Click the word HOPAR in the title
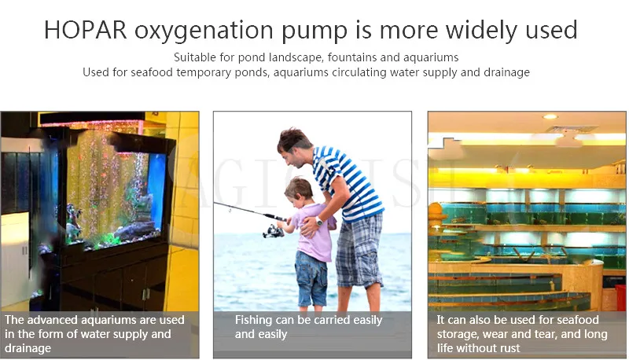click(x=86, y=30)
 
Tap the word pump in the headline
click(x=314, y=31)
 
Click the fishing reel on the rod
click(x=273, y=231)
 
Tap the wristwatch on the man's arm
click(x=319, y=221)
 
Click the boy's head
click(x=299, y=192)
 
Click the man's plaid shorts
click(x=359, y=252)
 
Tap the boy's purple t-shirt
click(x=313, y=233)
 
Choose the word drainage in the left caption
click(x=28, y=348)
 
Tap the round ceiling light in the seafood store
click(x=550, y=116)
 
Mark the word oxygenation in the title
click(x=204, y=31)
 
